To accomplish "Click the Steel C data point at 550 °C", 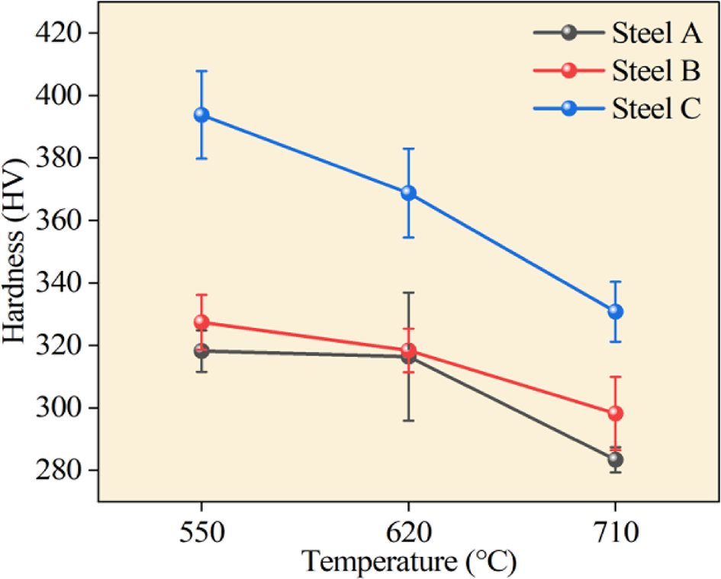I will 201,114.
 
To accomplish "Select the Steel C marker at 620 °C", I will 408,193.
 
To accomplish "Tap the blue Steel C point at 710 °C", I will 615,311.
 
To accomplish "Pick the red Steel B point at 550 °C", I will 201,322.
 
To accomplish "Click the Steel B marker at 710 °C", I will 615,413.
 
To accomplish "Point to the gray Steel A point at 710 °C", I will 615,459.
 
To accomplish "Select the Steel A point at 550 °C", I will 201,351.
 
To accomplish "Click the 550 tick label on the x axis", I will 201,531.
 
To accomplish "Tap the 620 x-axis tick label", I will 408,531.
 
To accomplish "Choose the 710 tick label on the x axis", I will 615,531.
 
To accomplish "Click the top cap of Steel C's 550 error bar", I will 201,71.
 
